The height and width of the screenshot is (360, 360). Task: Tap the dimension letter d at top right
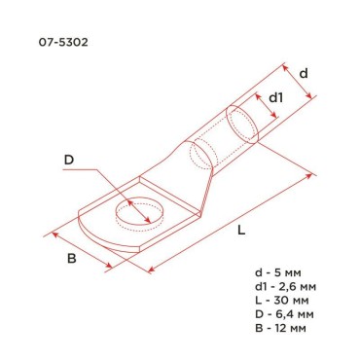click(304, 73)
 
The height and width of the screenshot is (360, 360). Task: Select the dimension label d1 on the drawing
click(275, 98)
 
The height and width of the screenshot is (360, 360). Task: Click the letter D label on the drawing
click(68, 161)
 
